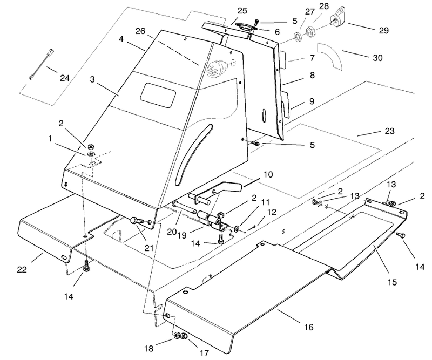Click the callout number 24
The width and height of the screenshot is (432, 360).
(64, 78)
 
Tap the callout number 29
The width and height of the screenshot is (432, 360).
(383, 30)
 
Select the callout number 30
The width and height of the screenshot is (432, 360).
(377, 58)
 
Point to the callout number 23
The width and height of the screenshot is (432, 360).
(389, 131)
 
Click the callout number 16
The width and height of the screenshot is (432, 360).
(309, 327)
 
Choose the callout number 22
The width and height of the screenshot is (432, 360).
(22, 269)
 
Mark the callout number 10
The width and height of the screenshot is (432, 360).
(268, 175)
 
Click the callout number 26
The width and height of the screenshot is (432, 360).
(140, 31)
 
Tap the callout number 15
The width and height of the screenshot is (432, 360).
(392, 282)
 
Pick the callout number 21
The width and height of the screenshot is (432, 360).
(149, 248)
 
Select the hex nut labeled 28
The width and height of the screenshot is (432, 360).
(310, 31)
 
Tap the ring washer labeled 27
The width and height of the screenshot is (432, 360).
(298, 37)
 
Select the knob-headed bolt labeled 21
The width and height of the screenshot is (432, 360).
(137, 220)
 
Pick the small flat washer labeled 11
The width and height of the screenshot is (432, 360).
(237, 228)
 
